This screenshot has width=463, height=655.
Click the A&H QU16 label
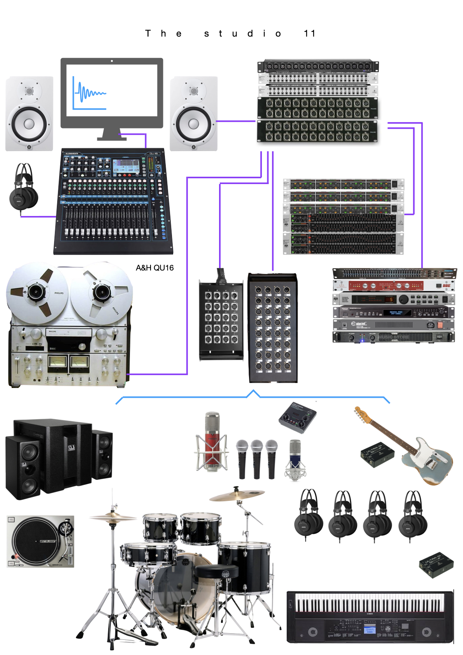[x=154, y=268]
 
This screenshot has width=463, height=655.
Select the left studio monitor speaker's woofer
[x=29, y=124]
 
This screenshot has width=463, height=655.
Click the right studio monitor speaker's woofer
[x=193, y=124]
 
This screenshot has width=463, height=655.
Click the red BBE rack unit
[x=393, y=286]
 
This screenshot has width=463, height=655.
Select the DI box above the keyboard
[x=436, y=565]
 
